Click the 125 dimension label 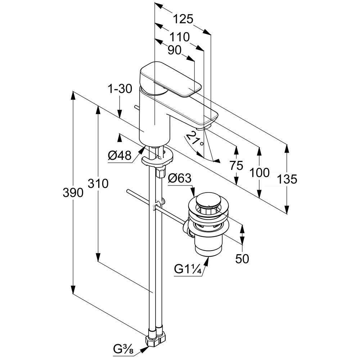[183, 19]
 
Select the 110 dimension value [180, 37]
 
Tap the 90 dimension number [175, 50]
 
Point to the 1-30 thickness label [120, 89]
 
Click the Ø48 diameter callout [120, 156]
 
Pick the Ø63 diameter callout [180, 178]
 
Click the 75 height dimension [236, 166]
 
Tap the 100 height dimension [260, 173]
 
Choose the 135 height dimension [287, 179]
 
